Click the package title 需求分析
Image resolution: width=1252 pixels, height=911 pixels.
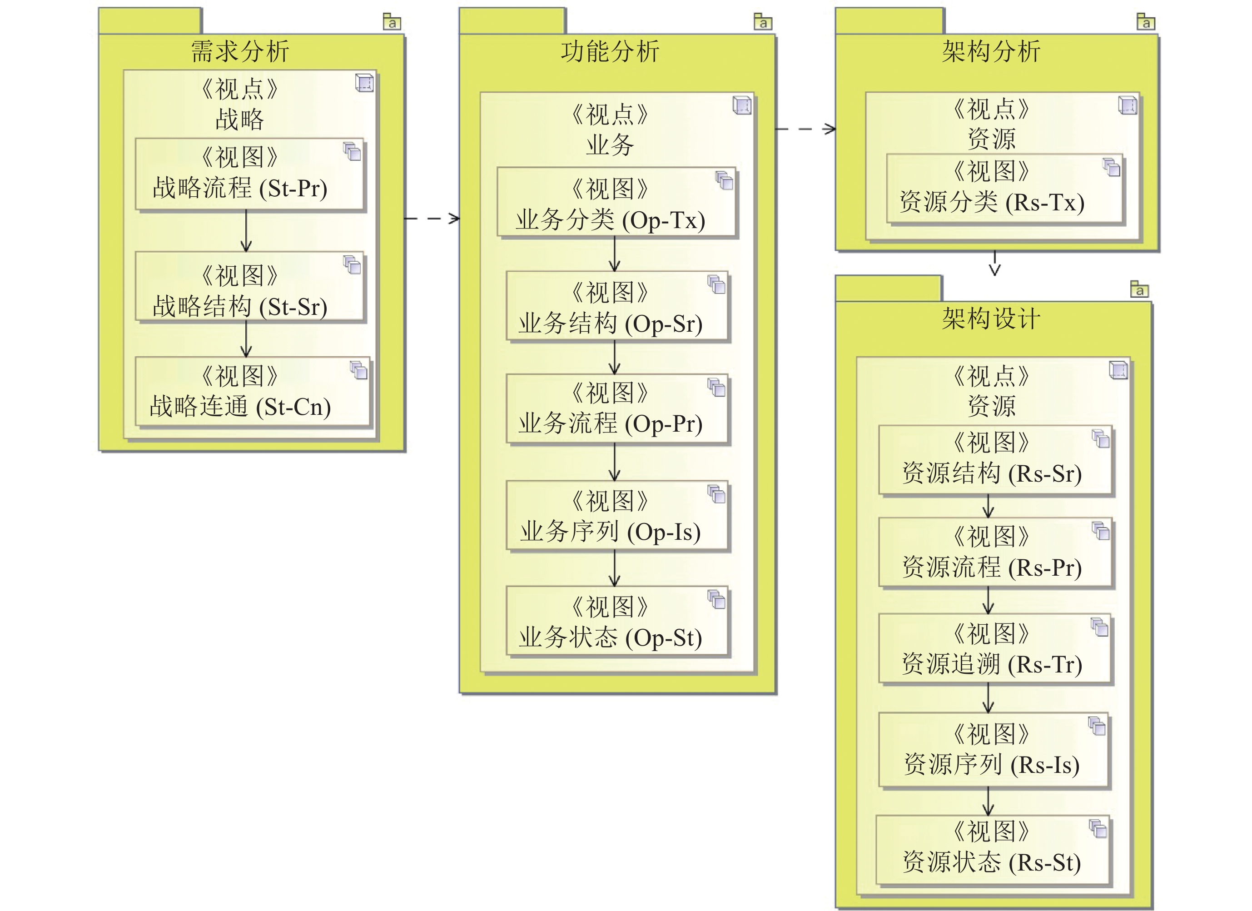pos(240,51)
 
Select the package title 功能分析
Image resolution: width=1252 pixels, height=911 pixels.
pos(610,51)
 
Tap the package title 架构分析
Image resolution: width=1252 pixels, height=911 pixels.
pos(991,51)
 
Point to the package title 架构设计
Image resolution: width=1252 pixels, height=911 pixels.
pos(991,319)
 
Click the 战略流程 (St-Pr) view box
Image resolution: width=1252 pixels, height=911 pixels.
pos(249,174)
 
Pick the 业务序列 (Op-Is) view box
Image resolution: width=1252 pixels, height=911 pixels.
pos(617,516)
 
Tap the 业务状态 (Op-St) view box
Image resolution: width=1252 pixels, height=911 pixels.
pos(617,621)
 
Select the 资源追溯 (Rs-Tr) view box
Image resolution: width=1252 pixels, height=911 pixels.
pos(995,649)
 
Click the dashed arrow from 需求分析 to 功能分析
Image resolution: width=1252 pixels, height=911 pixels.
pos(432,219)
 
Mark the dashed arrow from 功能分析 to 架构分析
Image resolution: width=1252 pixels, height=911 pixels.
pos(805,129)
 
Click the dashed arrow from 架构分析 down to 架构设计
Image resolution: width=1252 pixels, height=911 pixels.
pos(995,264)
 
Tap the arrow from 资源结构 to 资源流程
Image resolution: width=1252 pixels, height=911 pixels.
pos(988,506)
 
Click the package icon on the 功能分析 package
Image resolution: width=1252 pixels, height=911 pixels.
pos(762,21)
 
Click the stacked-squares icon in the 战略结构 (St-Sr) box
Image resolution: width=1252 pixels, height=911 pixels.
pos(352,264)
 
